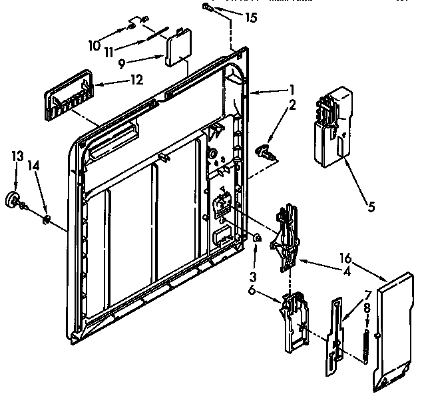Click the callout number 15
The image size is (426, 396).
coord(250,18)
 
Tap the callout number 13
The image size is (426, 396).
coord(17,156)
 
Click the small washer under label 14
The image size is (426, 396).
coord(47,218)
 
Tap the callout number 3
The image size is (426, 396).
coord(254,258)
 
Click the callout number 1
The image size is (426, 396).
coord(290,89)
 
